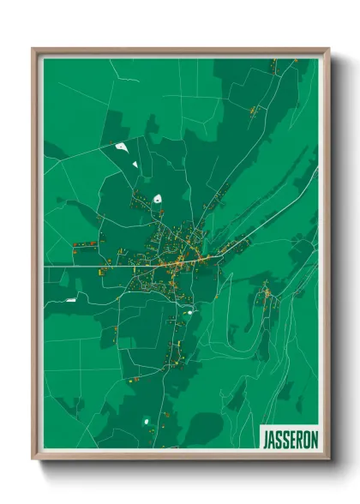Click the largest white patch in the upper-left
pos(122,147)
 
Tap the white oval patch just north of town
pos(158,199)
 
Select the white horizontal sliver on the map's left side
pos(71,299)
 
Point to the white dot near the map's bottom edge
pos(146,421)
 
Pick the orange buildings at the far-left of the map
pos(84,245)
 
